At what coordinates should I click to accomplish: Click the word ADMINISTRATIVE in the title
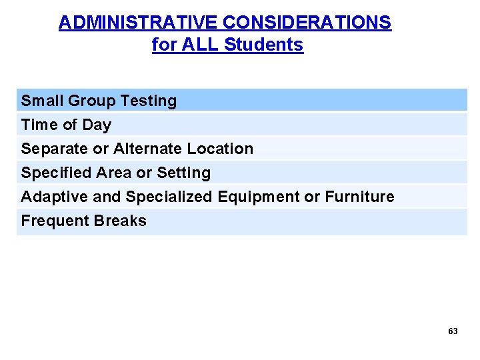138,23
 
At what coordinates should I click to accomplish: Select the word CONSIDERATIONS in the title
307,23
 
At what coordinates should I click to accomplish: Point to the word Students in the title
264,45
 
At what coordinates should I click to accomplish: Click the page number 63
453,331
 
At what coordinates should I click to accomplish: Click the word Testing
150,101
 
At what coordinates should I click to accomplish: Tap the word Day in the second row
98,125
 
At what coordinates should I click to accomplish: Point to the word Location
221,149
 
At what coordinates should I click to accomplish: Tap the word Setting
183,173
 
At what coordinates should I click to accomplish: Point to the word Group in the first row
90,101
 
